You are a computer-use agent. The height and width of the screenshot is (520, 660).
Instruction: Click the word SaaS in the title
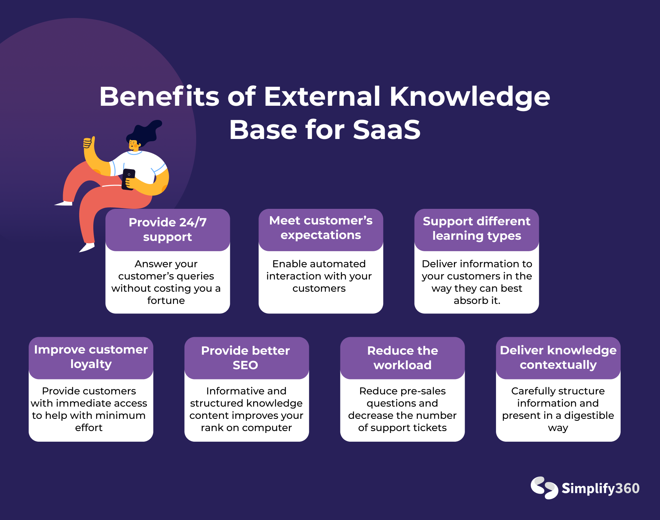pyautogui.click(x=387, y=129)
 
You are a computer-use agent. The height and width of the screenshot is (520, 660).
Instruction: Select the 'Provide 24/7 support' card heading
pyautogui.click(x=167, y=229)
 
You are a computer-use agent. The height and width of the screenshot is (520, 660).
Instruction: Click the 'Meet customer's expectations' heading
pyautogui.click(x=321, y=228)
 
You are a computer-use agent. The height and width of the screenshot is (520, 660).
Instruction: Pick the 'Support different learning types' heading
pyautogui.click(x=476, y=228)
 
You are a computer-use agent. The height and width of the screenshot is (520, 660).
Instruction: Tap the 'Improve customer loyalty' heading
pyautogui.click(x=91, y=357)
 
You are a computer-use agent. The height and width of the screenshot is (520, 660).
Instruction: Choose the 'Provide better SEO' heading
pyautogui.click(x=245, y=357)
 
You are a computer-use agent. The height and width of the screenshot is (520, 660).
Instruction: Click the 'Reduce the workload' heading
pyautogui.click(x=403, y=357)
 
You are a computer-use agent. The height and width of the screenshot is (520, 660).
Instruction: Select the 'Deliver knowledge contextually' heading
pyautogui.click(x=558, y=357)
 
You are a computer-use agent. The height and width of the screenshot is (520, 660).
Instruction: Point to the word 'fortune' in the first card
pyautogui.click(x=166, y=300)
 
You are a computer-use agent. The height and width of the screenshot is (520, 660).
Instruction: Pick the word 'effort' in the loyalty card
pyautogui.click(x=89, y=428)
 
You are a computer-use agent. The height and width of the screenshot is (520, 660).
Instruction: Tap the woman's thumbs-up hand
pyautogui.click(x=89, y=144)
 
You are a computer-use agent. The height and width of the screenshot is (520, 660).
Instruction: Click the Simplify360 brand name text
pyautogui.click(x=600, y=488)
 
